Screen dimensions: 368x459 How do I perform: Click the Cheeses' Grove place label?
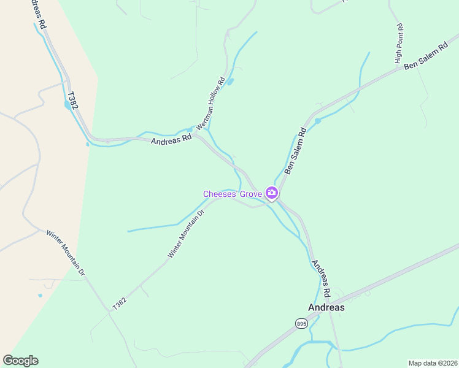pyautogui.click(x=233, y=194)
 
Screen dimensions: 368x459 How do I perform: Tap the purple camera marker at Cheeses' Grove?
pyautogui.click(x=271, y=193)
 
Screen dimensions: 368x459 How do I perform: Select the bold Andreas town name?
pyautogui.click(x=325, y=308)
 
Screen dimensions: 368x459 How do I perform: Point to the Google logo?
pyautogui.click(x=20, y=361)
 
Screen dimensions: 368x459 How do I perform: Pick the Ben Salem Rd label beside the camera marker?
pyautogui.click(x=295, y=151)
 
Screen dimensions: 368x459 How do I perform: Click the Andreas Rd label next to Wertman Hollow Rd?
pyautogui.click(x=171, y=139)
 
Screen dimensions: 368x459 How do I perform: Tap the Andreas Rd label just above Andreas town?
pyautogui.click(x=321, y=277)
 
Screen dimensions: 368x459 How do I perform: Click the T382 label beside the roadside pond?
pyautogui.click(x=73, y=102)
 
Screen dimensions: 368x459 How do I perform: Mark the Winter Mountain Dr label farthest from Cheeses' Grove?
pyautogui.click(x=65, y=251)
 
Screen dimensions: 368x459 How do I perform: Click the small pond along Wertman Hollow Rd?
pyautogui.click(x=230, y=82)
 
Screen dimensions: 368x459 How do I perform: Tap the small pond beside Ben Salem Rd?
pyautogui.click(x=317, y=121)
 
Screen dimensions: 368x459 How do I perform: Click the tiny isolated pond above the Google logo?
pyautogui.click(x=40, y=296)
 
